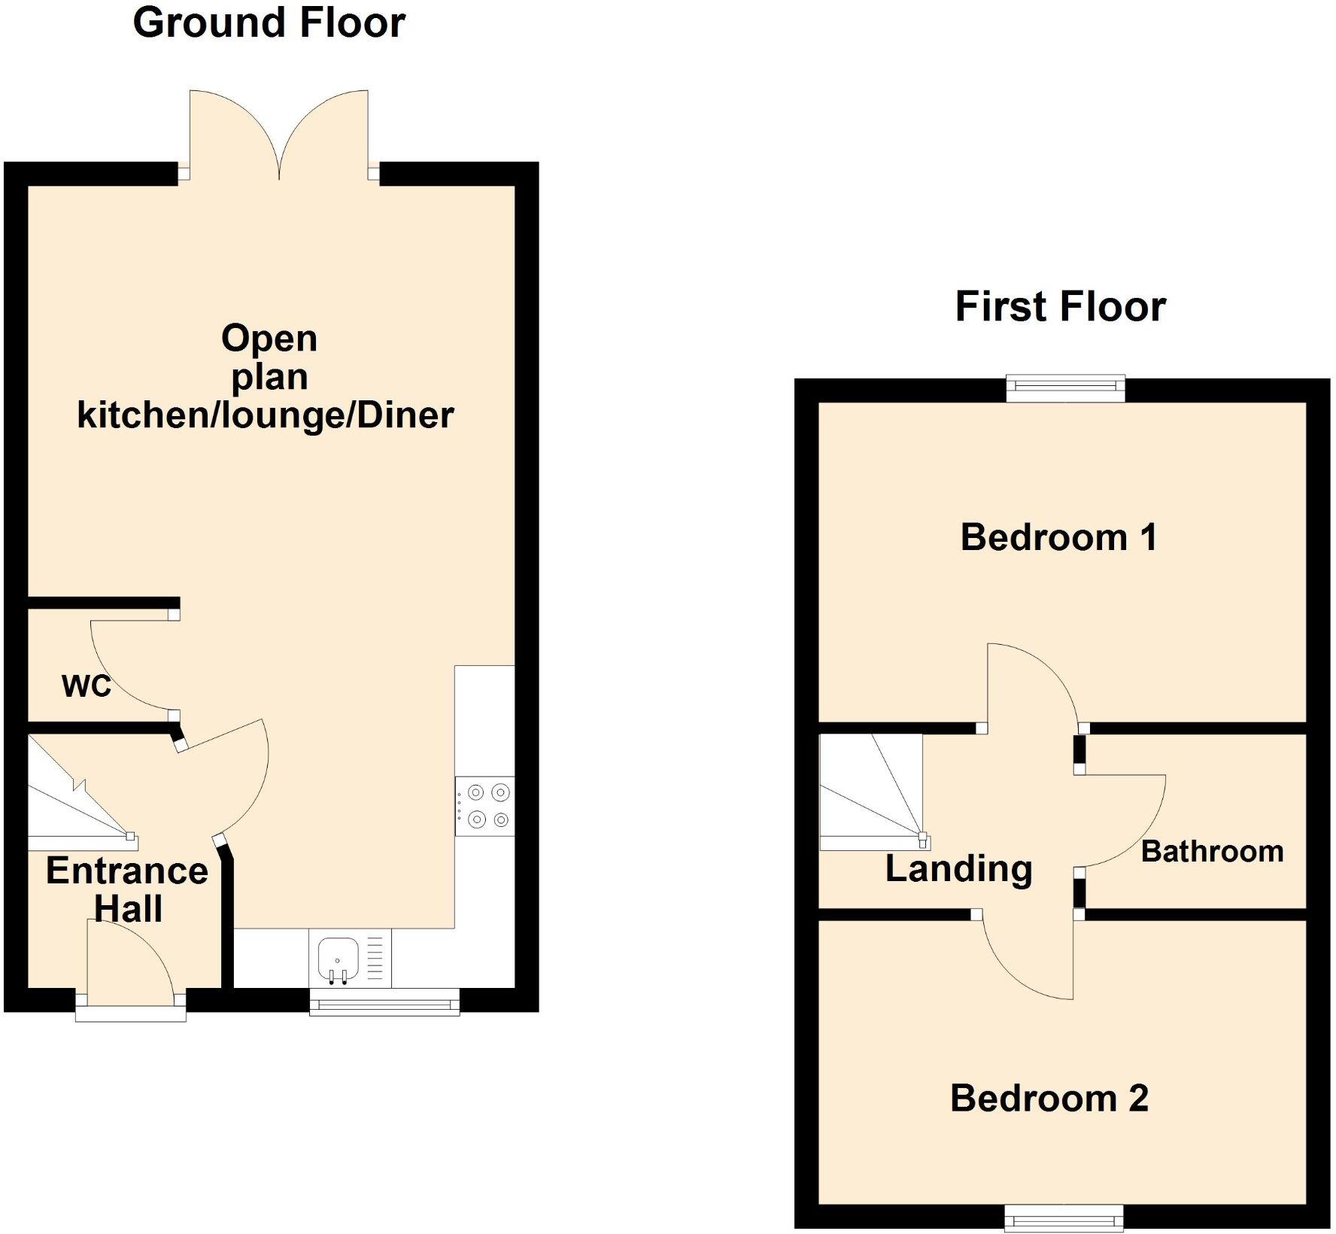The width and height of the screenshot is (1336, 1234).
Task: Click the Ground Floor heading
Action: coord(269,23)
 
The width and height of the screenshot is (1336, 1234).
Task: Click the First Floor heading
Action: coord(1060,307)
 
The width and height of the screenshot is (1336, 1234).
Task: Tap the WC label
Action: coord(87,686)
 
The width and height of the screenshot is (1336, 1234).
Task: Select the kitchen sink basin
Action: coord(338,956)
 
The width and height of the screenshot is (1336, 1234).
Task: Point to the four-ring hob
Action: coord(485,806)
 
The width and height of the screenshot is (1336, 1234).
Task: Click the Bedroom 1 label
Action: coord(1058,538)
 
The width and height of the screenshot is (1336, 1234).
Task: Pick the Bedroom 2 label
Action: coord(1049,1099)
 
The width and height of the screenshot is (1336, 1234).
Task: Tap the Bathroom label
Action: coord(1212,852)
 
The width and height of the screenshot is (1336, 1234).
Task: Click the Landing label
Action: coord(958,869)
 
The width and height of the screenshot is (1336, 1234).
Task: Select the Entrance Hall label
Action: coord(127,889)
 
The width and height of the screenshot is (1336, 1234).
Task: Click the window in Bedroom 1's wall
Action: coord(1066,388)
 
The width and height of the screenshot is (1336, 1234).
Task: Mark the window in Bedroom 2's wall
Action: coord(1064,1218)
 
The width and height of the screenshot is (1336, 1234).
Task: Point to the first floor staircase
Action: coord(871,792)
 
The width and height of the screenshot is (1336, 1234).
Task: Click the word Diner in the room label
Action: coord(405,415)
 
